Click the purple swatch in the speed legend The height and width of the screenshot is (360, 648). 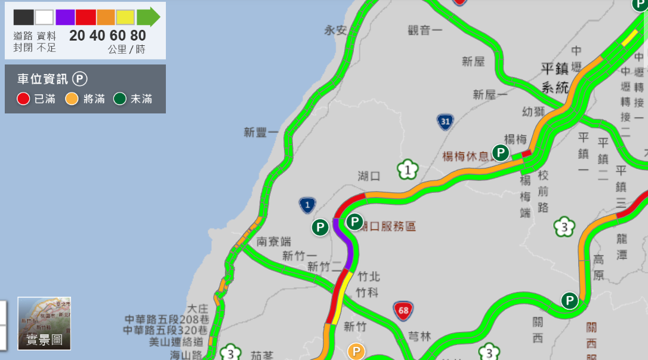click(65, 17)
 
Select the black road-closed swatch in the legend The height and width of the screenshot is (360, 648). click(23, 17)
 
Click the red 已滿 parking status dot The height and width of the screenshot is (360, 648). click(23, 99)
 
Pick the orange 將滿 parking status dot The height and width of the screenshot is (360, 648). click(72, 99)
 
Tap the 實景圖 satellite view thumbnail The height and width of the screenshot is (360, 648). click(44, 323)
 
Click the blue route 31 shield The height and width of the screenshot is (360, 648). click(444, 122)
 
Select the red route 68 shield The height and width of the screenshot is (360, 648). click(403, 310)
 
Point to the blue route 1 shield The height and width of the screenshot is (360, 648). click(307, 206)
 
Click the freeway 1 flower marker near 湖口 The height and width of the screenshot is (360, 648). click(408, 170)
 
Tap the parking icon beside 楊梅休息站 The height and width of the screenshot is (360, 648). click(501, 153)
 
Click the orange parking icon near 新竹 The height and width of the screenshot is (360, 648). click(356, 352)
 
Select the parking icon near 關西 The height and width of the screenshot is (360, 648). click(570, 301)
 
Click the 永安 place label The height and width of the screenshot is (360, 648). click(335, 30)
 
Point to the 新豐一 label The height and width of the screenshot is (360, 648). click(261, 133)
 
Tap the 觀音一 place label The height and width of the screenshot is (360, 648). click(425, 30)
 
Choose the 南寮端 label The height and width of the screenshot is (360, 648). click(274, 242)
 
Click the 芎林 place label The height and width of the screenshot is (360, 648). click(419, 337)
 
